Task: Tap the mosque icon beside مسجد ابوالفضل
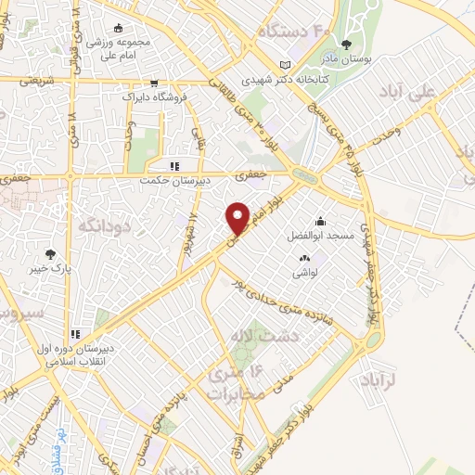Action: [320, 221]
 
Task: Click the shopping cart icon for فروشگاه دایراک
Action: [154, 81]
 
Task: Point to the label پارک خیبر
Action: [50, 268]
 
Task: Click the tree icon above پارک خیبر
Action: [50, 253]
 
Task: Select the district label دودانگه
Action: [105, 225]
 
